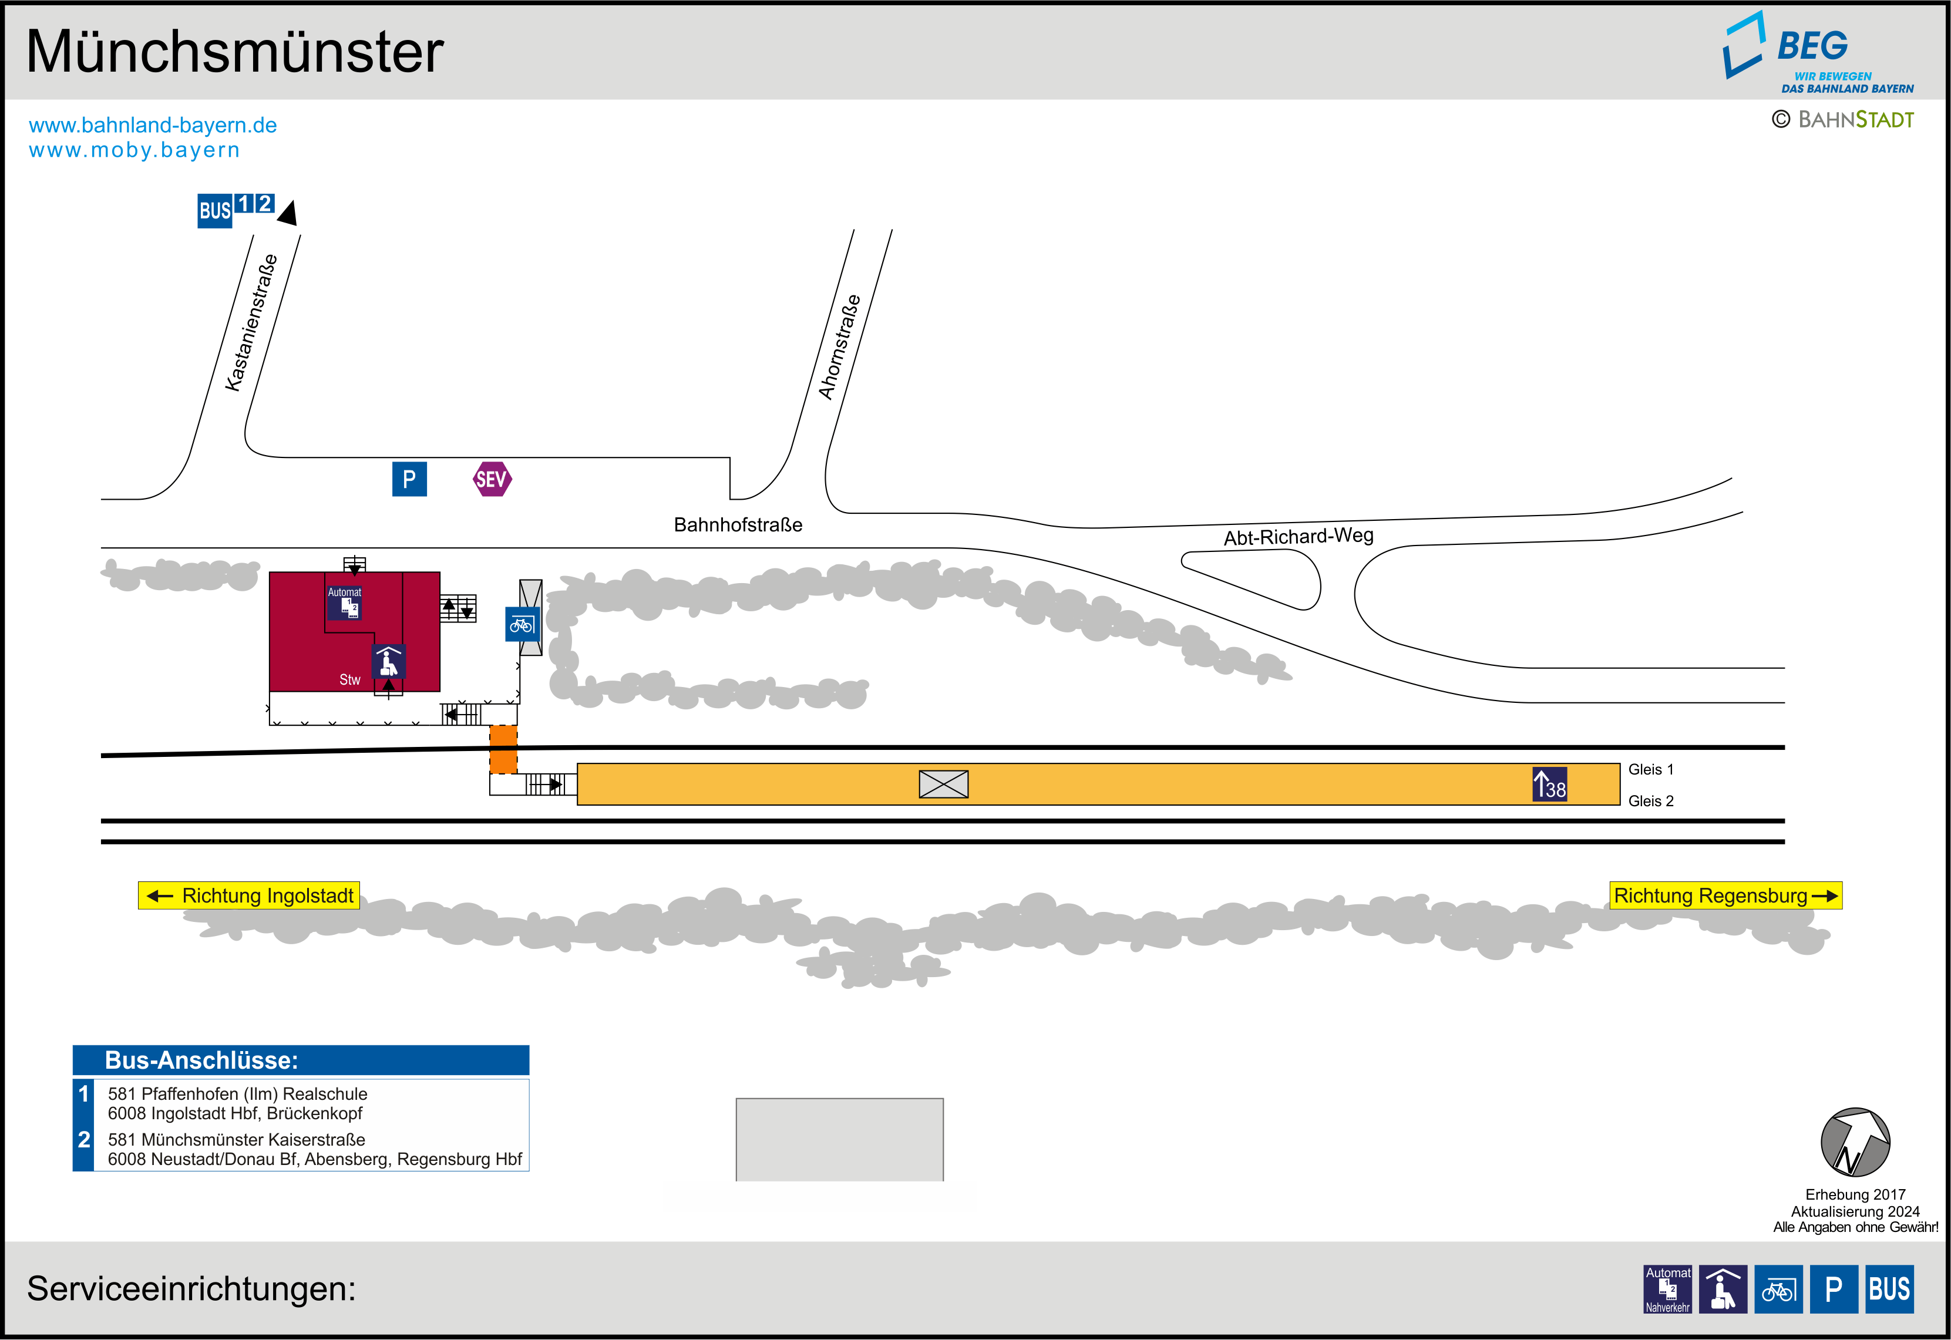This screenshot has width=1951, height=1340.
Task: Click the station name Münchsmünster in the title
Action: pyautogui.click(x=235, y=52)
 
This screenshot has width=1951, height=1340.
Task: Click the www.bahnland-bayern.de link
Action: pyautogui.click(x=153, y=125)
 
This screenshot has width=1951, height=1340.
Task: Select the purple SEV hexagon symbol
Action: pyautogui.click(x=492, y=479)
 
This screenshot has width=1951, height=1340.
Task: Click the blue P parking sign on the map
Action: pyautogui.click(x=410, y=479)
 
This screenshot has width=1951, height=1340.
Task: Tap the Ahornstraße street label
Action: pyautogui.click(x=839, y=347)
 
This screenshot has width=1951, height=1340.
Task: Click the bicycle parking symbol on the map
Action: pyautogui.click(x=522, y=625)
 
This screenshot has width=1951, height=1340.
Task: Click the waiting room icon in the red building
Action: pyautogui.click(x=389, y=662)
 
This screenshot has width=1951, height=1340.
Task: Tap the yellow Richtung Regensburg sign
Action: pyautogui.click(x=1725, y=896)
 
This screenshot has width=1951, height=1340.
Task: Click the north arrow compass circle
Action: pyautogui.click(x=1855, y=1143)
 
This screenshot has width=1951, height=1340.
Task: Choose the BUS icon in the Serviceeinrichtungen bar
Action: pyautogui.click(x=1890, y=1289)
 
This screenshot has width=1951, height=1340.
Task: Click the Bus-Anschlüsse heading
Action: pyautogui.click(x=201, y=1060)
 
